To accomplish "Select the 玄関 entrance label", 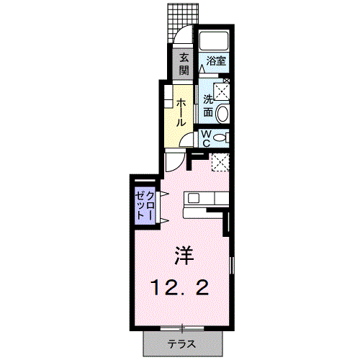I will [x=184, y=64].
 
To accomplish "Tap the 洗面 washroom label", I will [x=207, y=105].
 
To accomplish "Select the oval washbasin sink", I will [x=222, y=112].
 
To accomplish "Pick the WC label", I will [x=205, y=138].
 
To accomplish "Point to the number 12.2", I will [x=180, y=288].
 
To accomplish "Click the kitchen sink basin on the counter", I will [x=194, y=197].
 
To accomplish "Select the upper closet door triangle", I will [x=163, y=194].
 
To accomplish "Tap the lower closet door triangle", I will [x=163, y=220].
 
